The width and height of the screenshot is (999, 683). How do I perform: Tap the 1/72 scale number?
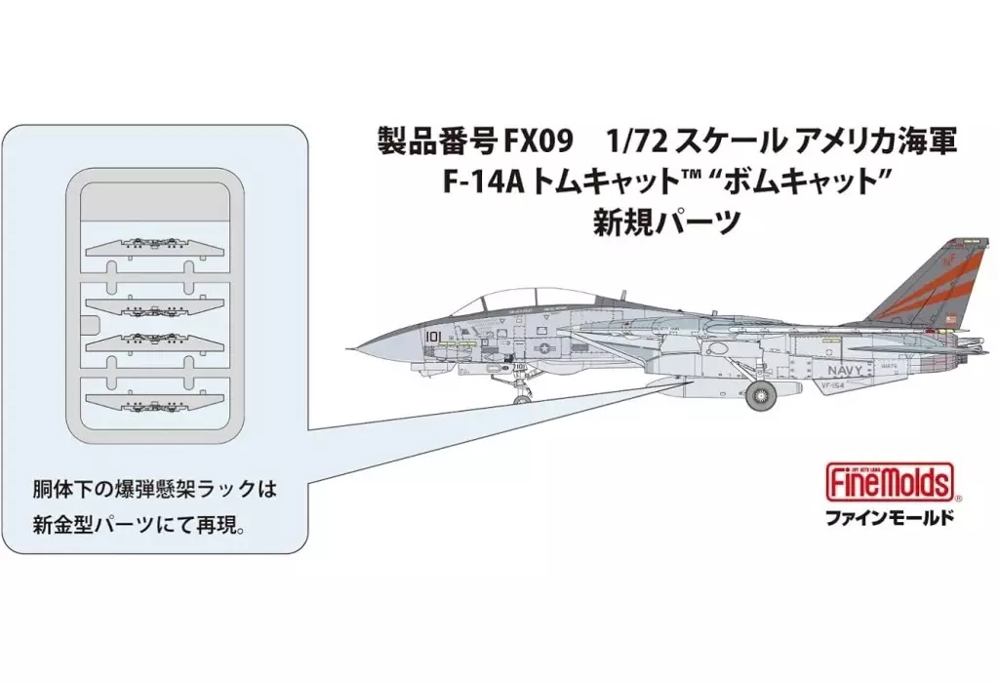click(x=634, y=142)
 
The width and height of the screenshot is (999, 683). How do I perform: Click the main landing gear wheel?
click(x=762, y=398)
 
